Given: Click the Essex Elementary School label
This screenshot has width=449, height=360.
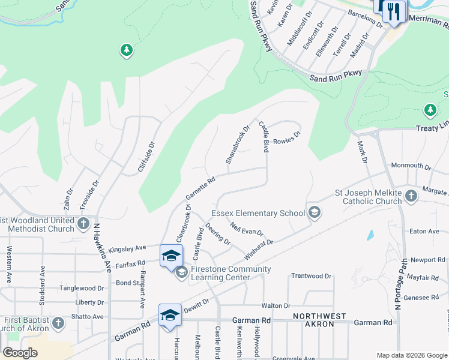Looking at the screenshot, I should pyautogui.click(x=258, y=213).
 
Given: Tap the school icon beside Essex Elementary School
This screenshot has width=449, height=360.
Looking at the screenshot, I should pyautogui.click(x=313, y=212).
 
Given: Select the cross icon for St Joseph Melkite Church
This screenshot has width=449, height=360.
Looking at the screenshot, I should pyautogui.click(x=411, y=196).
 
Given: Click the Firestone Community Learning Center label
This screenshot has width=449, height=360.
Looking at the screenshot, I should pyautogui.click(x=231, y=273).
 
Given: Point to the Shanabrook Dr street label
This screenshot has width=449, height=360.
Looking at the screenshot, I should pyautogui.click(x=237, y=145).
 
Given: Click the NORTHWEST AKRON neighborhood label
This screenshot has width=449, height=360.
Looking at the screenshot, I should pyautogui.click(x=319, y=320).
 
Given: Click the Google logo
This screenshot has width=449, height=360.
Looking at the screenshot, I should pyautogui.click(x=20, y=353).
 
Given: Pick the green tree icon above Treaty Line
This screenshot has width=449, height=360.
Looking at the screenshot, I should pyautogui.click(x=430, y=110).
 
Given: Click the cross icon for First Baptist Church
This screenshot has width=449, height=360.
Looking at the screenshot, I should pyautogui.click(x=58, y=323).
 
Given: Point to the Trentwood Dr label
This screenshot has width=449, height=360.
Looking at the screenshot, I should pyautogui.click(x=311, y=276).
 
